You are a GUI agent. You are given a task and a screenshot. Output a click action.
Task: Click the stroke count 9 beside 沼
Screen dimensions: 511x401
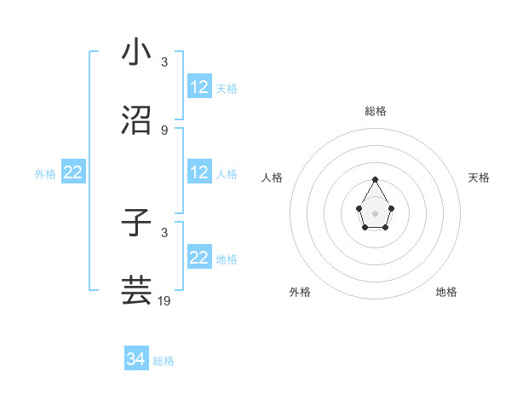tap(164, 131)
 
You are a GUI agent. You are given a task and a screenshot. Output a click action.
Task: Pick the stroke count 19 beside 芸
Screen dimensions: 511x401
tap(164, 300)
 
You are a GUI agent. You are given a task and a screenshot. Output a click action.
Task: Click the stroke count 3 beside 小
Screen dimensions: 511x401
tap(164, 62)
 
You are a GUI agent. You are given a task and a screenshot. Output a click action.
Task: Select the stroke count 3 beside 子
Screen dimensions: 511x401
tap(164, 233)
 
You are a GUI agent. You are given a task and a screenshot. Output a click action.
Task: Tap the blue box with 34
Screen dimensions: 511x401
tap(136, 360)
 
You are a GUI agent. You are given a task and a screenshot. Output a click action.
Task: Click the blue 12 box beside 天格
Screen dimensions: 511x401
tap(199, 87)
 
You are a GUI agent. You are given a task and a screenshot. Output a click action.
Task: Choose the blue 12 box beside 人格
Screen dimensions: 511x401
tap(199, 172)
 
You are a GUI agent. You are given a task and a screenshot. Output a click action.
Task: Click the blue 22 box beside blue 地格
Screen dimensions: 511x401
tap(199, 258)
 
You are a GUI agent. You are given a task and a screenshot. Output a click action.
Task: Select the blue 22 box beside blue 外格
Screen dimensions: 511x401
tap(73, 172)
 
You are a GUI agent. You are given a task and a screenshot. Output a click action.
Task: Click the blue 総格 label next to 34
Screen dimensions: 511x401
tap(164, 361)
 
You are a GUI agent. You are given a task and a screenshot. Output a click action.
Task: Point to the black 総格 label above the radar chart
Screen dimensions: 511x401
tap(376, 111)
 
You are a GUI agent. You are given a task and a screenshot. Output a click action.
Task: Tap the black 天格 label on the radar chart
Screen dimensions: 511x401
tap(479, 177)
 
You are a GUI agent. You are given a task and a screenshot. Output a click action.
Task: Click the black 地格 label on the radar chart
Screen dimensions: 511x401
tap(446, 292)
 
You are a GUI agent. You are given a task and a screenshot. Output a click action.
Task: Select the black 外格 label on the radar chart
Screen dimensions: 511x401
tap(300, 292)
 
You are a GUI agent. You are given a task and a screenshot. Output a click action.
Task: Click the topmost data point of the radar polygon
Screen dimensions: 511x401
tap(376, 179)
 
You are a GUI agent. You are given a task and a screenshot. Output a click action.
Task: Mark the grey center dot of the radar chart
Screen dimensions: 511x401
tap(376, 212)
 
